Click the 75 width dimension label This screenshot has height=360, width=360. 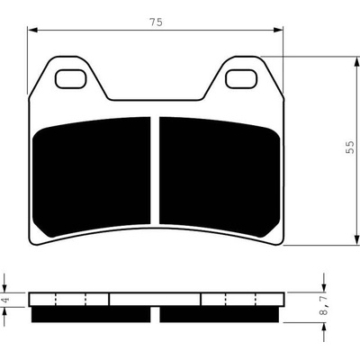[156, 22]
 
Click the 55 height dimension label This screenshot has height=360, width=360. [350, 148]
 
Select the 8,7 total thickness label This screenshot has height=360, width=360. [324, 305]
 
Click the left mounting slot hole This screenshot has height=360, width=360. [70, 79]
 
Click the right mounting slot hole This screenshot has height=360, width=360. [241, 79]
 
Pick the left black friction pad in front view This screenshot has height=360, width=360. [92, 176]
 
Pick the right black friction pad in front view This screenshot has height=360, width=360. [220, 176]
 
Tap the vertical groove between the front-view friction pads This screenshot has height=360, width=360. [155, 170]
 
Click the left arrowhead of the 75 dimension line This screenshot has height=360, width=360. [31, 30]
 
